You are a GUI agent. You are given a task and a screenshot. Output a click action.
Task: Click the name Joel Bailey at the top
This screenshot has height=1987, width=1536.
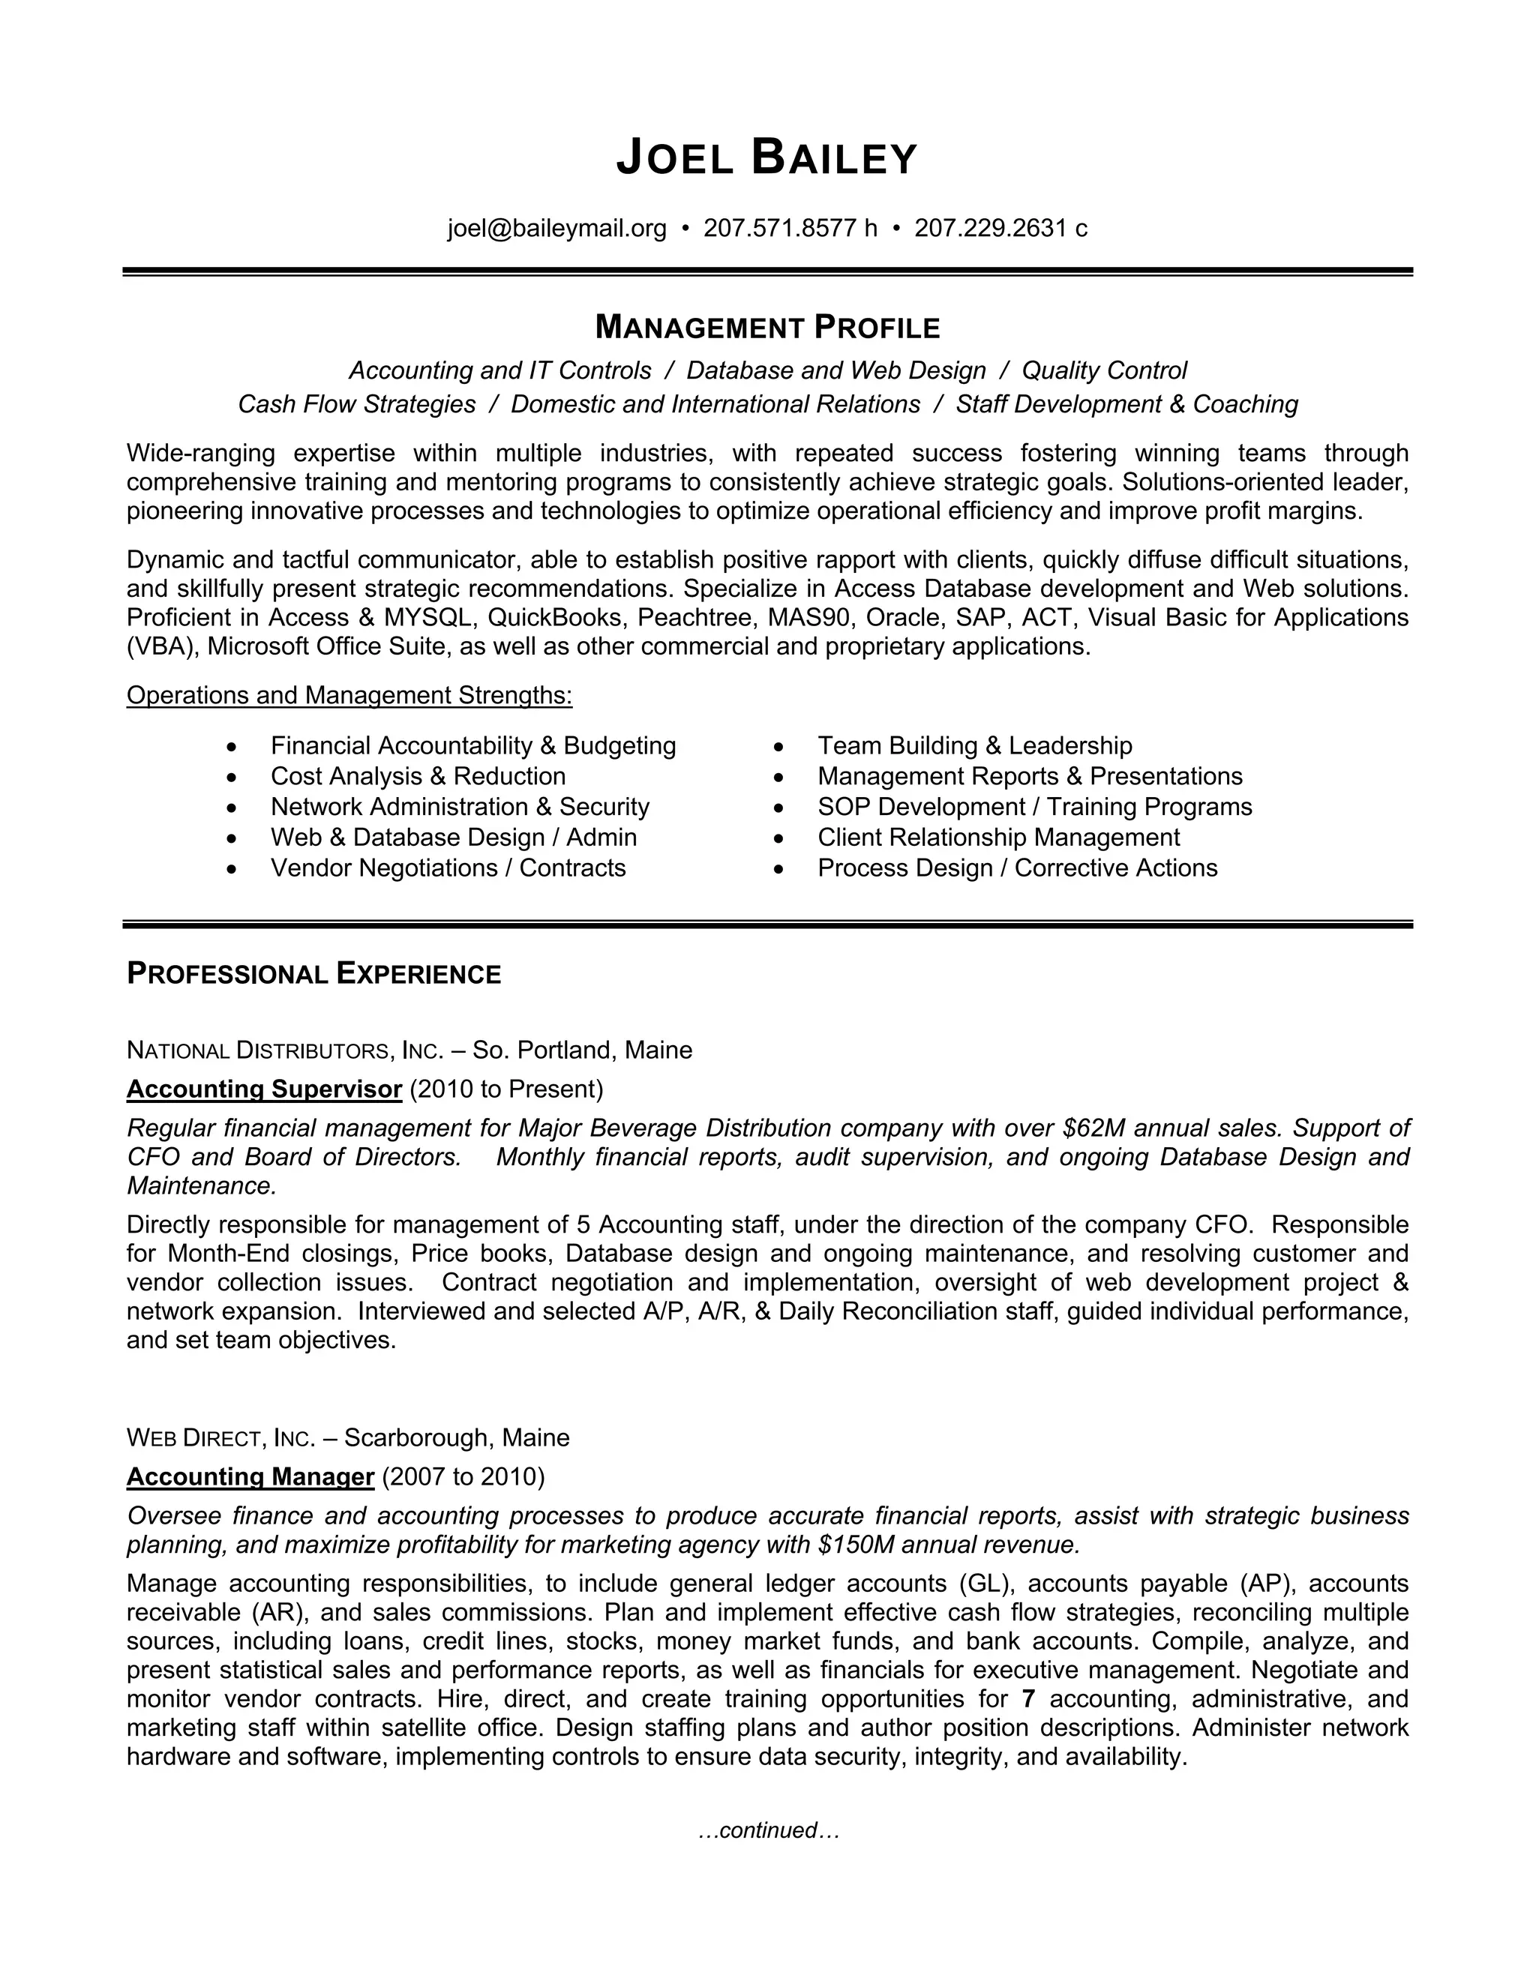767,158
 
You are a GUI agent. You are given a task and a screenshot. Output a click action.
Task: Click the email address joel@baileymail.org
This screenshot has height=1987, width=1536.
557,227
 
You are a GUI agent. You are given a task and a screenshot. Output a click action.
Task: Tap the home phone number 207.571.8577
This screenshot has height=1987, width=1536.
780,227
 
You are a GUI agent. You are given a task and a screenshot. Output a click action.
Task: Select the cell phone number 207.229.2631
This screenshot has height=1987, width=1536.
990,227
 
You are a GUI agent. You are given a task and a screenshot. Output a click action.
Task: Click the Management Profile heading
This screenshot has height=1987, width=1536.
767,327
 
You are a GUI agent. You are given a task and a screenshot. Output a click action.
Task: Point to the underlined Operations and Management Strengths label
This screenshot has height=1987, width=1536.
349,695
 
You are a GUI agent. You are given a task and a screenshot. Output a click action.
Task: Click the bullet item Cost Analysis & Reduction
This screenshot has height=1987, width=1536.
418,776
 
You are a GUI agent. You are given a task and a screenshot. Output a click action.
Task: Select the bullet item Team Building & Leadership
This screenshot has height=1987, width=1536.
974,745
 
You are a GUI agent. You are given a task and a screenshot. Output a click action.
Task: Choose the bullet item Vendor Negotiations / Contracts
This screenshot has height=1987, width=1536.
448,868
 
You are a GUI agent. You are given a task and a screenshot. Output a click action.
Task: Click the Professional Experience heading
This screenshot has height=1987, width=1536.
314,975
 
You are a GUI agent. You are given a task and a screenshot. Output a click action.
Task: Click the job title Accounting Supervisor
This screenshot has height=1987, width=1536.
264,1089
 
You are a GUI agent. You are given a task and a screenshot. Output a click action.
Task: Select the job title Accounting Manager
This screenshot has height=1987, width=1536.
250,1476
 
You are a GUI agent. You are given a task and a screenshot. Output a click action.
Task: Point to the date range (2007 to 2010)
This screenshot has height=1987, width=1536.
463,1476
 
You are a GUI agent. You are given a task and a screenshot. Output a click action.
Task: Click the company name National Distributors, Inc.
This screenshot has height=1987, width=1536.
284,1050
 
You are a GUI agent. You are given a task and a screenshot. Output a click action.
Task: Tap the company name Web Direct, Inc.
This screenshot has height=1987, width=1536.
220,1438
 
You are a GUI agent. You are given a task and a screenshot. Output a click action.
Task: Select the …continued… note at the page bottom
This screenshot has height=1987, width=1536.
768,1830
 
